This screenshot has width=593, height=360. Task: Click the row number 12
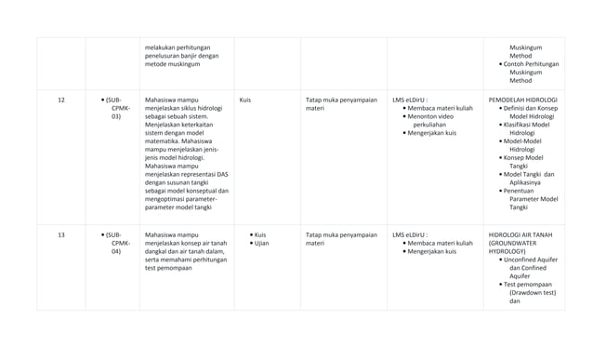tap(61, 99)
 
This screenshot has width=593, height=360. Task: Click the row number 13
tap(61, 234)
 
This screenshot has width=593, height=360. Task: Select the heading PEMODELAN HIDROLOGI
tap(522, 99)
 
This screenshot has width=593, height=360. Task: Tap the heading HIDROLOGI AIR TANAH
tap(521, 234)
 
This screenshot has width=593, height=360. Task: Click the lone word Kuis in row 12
tap(244, 99)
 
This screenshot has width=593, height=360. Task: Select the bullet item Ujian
tap(261, 243)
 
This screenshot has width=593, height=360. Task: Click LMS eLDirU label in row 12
tap(411, 99)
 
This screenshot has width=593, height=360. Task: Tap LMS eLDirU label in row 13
tap(411, 234)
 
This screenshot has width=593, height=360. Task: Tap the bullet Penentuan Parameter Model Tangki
tap(531, 198)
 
